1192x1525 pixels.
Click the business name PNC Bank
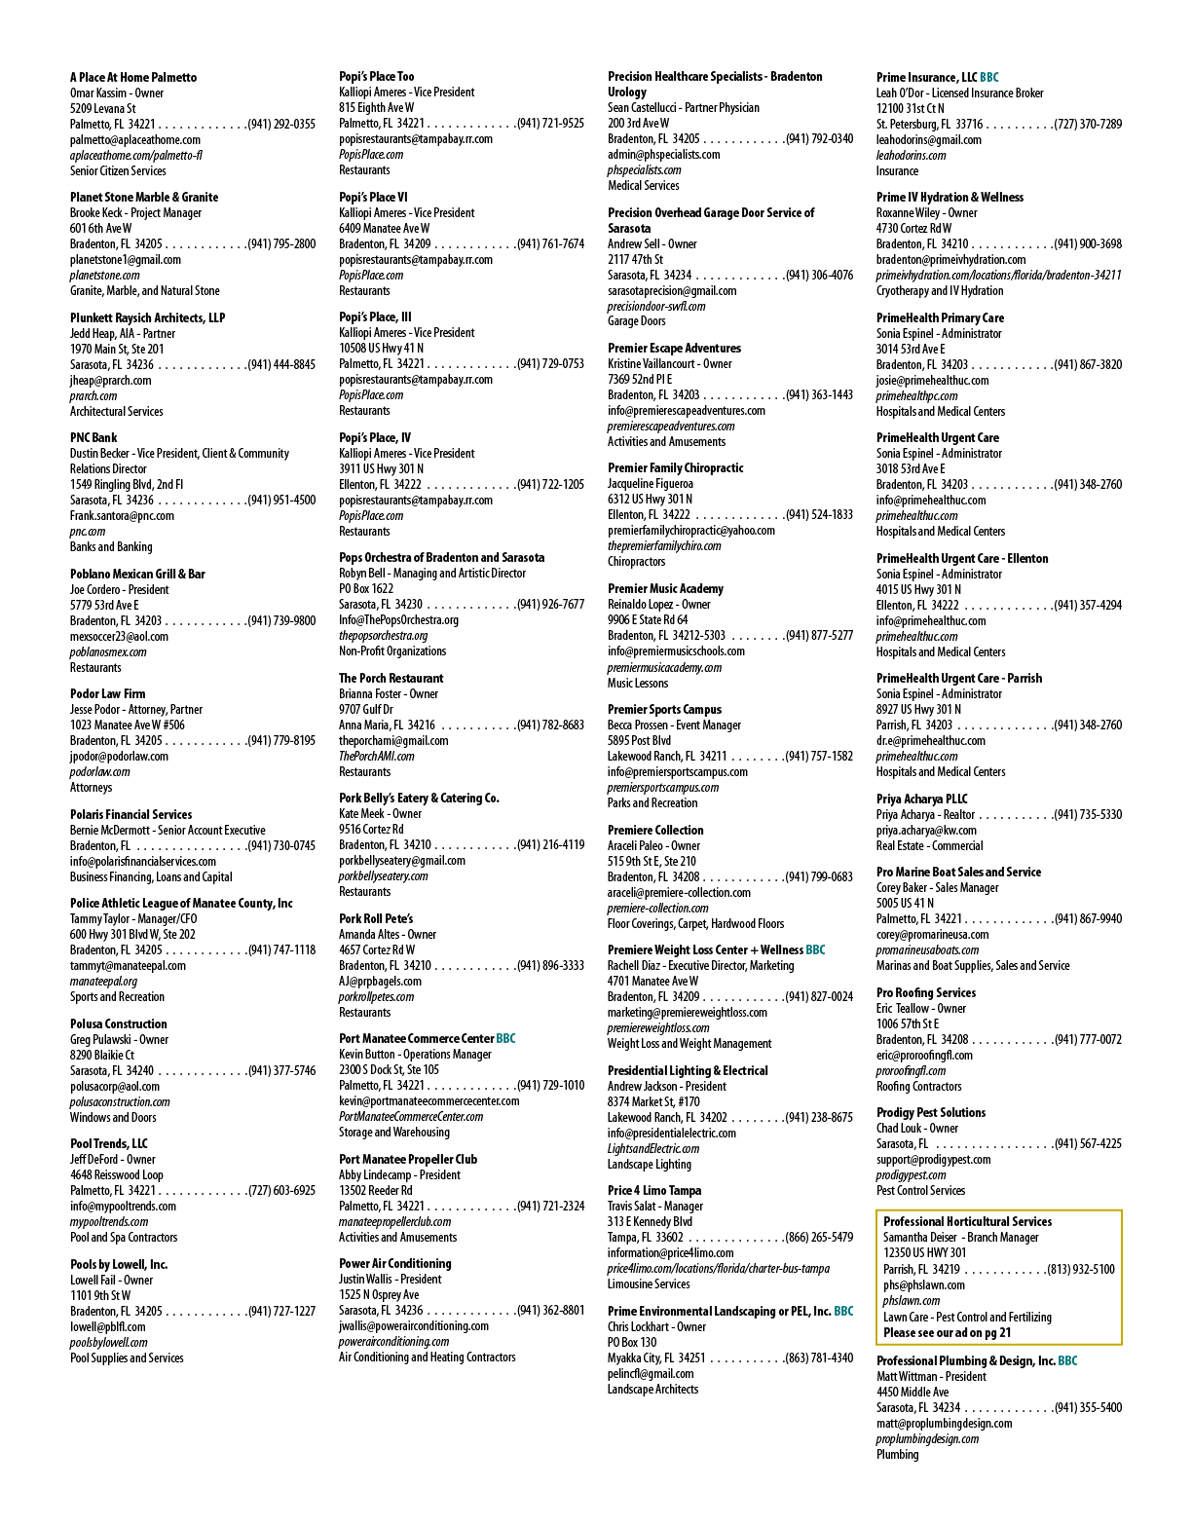point(93,438)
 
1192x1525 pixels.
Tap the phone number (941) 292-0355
point(281,125)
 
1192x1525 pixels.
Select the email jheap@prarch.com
point(110,381)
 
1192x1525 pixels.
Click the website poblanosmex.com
point(108,651)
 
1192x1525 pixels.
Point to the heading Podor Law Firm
point(107,693)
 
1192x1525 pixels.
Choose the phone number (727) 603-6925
point(281,1190)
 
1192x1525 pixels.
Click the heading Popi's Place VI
point(373,198)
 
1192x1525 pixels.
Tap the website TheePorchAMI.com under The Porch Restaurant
point(377,756)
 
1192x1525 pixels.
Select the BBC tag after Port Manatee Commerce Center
point(505,1038)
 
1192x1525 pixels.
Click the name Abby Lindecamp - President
point(400,1174)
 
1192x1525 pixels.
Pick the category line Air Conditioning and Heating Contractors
point(428,1357)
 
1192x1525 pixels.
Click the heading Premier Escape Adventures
point(674,348)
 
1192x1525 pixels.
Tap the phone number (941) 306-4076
point(819,275)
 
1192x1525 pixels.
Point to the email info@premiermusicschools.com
point(676,651)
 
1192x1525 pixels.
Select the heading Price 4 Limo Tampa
point(654,1190)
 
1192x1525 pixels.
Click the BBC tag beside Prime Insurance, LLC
point(989,77)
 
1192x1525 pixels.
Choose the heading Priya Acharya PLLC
point(922,799)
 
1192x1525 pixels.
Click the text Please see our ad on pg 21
point(948,1332)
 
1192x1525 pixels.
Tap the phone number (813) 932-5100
point(1080,1269)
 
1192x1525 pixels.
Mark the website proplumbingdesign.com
point(927,1438)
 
